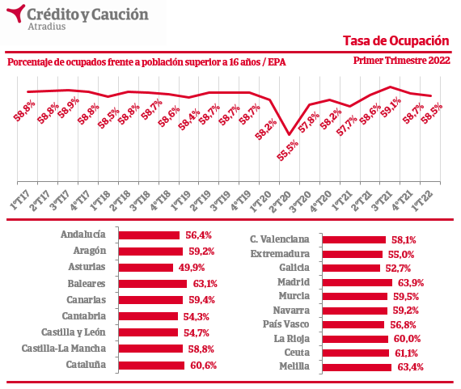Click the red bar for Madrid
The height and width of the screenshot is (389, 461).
[x=357, y=282]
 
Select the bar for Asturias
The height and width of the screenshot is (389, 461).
[x=146, y=268]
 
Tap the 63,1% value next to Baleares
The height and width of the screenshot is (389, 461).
[x=205, y=284]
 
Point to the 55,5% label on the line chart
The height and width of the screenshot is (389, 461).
[x=288, y=150]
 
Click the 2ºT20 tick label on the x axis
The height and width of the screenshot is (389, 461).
[x=280, y=201]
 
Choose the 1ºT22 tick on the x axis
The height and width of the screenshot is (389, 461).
[x=422, y=201]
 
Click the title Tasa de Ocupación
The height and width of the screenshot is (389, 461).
[x=396, y=41]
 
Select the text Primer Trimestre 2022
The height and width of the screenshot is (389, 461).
[x=402, y=61]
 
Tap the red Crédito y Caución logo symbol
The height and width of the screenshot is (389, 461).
[x=16, y=13]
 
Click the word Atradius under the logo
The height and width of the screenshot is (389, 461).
[x=47, y=27]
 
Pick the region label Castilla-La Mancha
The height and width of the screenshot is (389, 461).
[x=64, y=349]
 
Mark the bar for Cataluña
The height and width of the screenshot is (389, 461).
[x=151, y=366]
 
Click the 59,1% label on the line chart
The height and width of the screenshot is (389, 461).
[x=391, y=108]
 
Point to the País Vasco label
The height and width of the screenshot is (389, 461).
[x=285, y=324]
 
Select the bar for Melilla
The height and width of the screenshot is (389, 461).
[x=357, y=367]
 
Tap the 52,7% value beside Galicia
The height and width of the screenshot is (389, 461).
[x=398, y=268]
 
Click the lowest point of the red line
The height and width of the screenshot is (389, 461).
[x=290, y=135]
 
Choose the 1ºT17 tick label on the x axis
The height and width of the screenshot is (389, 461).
[x=19, y=201]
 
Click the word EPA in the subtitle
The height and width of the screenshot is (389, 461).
[x=277, y=62]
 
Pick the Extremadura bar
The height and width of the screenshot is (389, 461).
[x=353, y=254]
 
